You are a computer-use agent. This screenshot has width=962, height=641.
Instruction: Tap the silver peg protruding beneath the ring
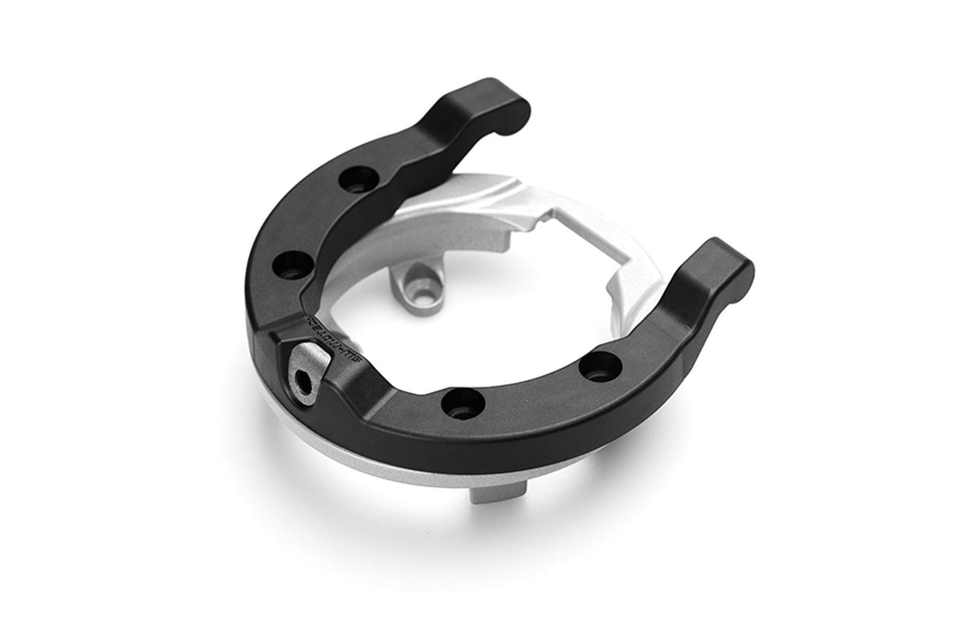coord(488,491)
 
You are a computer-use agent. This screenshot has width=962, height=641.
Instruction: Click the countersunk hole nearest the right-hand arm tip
coord(600,367)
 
